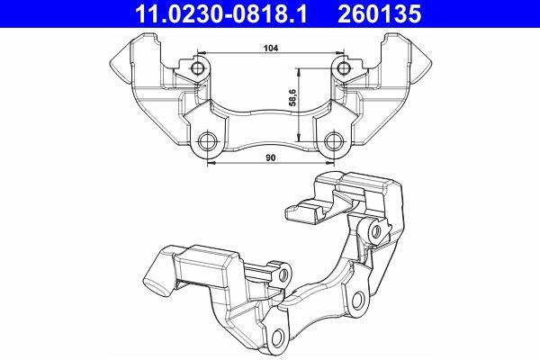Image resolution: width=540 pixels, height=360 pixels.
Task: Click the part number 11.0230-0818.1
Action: pyautogui.click(x=221, y=13)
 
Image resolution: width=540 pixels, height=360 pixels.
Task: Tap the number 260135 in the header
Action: pyautogui.click(x=379, y=13)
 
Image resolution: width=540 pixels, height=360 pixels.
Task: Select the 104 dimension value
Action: pyautogui.click(x=271, y=48)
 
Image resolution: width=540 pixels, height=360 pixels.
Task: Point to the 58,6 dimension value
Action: pyautogui.click(x=292, y=97)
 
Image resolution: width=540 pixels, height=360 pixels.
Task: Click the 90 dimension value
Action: pyautogui.click(x=271, y=157)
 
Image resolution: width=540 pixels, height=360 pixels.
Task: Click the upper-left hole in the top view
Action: pyautogui.click(x=197, y=68)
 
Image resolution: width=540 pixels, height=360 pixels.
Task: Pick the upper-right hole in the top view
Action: pyautogui.click(x=343, y=67)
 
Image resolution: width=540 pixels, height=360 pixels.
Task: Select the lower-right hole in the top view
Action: pyautogui.click(x=333, y=141)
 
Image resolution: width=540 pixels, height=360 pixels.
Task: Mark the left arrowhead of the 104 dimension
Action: pyautogui.click(x=202, y=53)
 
